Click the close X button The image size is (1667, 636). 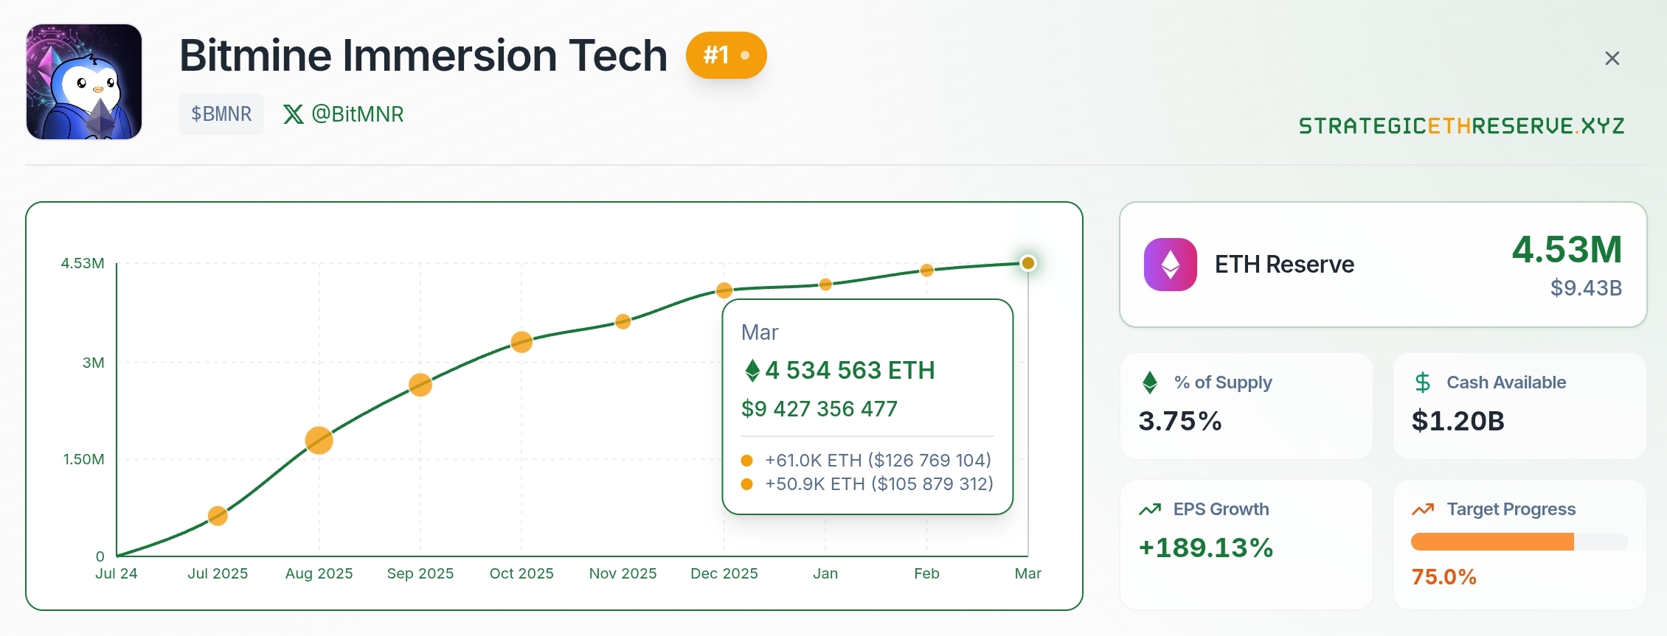coord(1612,58)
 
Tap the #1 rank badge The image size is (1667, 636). coord(726,55)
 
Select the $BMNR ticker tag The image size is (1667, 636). coord(221,114)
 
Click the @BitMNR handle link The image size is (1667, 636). coord(344,114)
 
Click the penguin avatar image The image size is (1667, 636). coord(84,82)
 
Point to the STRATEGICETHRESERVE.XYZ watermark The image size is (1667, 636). coord(1461,126)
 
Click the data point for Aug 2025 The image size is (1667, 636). coord(319,441)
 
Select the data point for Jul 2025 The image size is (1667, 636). coord(218,516)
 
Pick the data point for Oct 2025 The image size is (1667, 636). coord(521,342)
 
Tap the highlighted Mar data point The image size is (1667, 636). coord(1027,263)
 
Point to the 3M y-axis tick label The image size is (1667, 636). coord(94,363)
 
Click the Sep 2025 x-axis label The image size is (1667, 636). coord(420,573)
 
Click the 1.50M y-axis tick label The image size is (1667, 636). coord(84,459)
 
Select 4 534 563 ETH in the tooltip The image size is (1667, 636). coord(850,370)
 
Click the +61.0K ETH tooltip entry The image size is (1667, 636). coord(878,461)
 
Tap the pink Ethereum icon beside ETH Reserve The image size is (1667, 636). coord(1171,265)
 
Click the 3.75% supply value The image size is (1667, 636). coord(1180,421)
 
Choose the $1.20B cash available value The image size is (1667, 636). coord(1458,421)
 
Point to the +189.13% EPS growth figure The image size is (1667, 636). coord(1206,548)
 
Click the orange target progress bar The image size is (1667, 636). coord(1492,542)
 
